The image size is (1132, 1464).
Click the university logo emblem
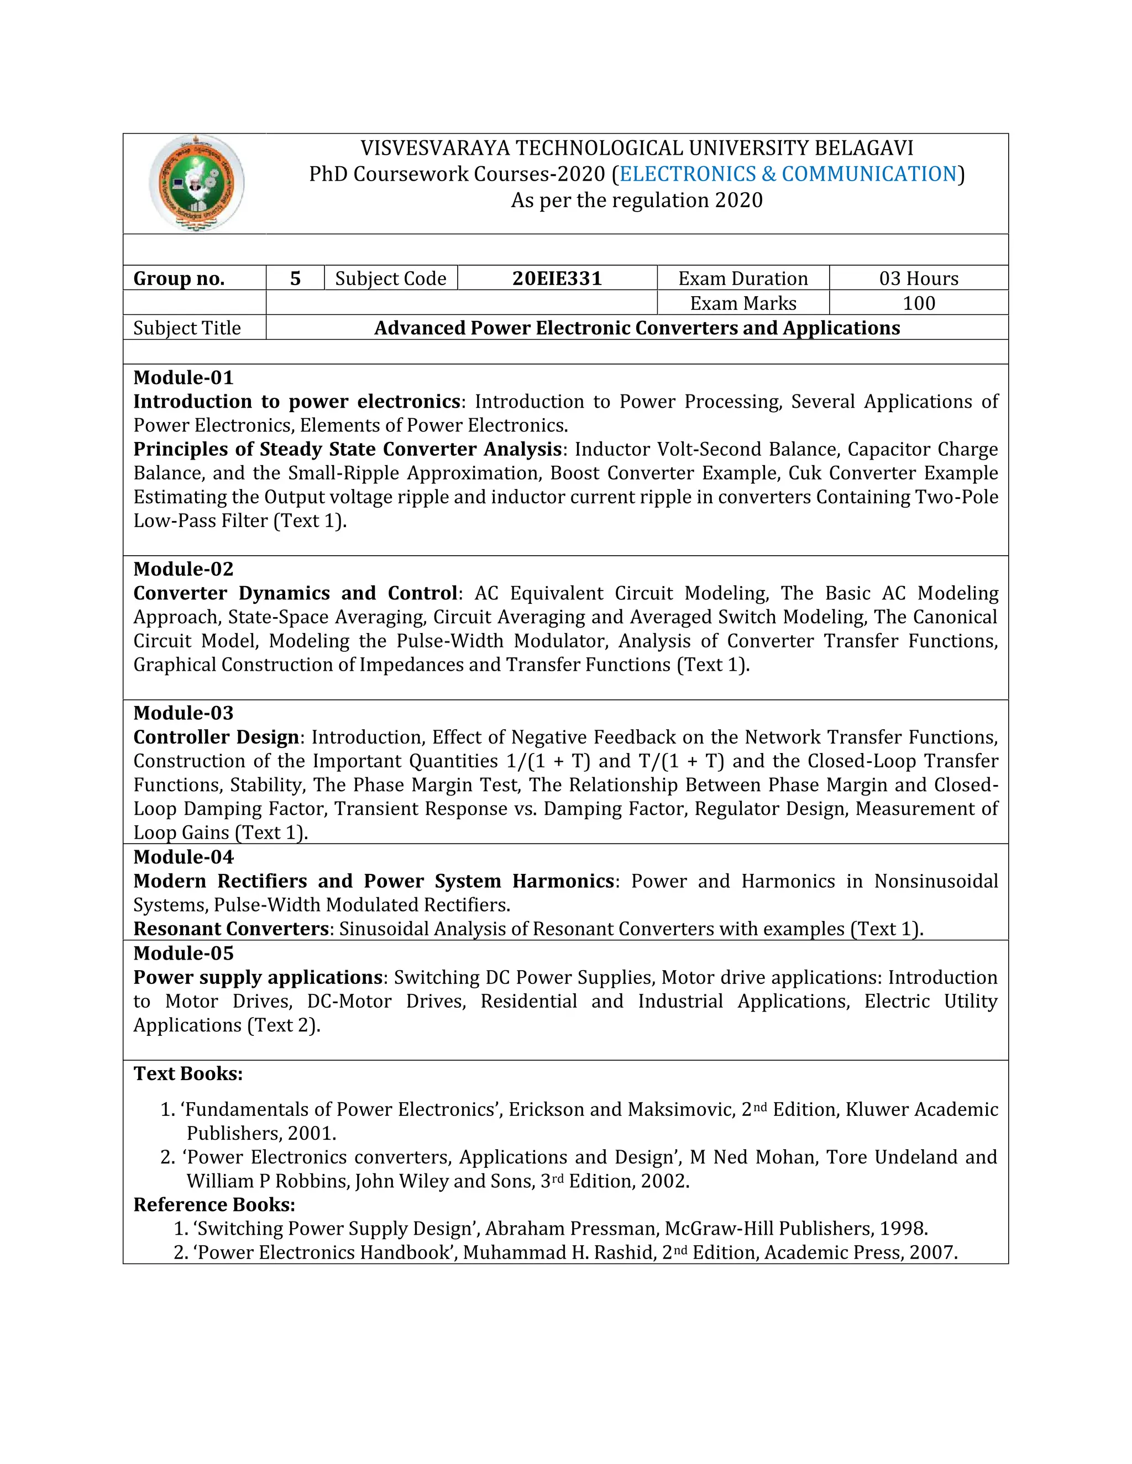click(x=196, y=183)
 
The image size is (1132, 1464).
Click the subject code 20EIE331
click(x=557, y=278)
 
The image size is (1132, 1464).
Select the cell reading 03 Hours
click(x=918, y=278)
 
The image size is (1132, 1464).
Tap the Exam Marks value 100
click(x=918, y=303)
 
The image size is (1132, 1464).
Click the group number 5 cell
click(x=295, y=278)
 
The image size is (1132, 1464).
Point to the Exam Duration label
click(x=742, y=278)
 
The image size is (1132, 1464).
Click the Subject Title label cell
click(x=187, y=328)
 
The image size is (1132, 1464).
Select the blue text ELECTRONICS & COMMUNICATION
click(x=788, y=173)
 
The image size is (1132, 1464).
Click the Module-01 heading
click(x=183, y=377)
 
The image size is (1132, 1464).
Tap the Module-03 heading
click(x=183, y=713)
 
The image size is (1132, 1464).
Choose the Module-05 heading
click(x=183, y=952)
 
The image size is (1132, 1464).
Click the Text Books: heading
click(x=188, y=1073)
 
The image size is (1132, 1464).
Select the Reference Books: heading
click(x=214, y=1204)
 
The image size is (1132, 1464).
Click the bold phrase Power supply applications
click(x=258, y=977)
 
